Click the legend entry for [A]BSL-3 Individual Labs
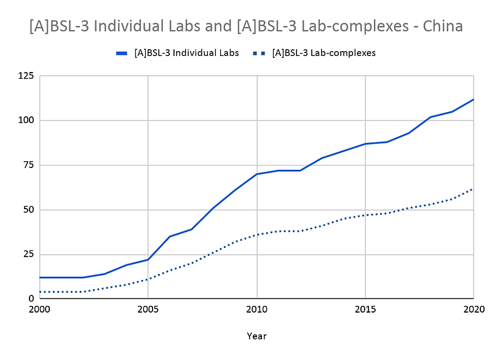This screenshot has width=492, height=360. (186, 53)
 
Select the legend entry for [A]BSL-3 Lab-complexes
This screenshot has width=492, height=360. (323, 53)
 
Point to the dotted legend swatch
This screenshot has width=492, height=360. (259, 54)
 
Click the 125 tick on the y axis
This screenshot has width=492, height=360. (26, 76)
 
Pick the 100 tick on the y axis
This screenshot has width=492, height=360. (26, 121)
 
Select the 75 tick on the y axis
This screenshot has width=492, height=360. (29, 165)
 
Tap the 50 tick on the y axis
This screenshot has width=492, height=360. (29, 210)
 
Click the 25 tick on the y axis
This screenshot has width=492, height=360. (29, 254)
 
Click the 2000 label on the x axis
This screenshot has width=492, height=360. (40, 309)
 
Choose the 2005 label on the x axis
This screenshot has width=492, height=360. (148, 309)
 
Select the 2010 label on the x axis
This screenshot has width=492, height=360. (256, 309)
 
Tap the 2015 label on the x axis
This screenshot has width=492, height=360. (365, 309)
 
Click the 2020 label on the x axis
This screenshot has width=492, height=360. (472, 309)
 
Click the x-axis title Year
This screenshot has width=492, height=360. (256, 336)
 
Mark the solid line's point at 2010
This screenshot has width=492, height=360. (256, 174)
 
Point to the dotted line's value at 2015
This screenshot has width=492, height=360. (365, 215)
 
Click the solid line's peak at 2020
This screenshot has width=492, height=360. (473, 99)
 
